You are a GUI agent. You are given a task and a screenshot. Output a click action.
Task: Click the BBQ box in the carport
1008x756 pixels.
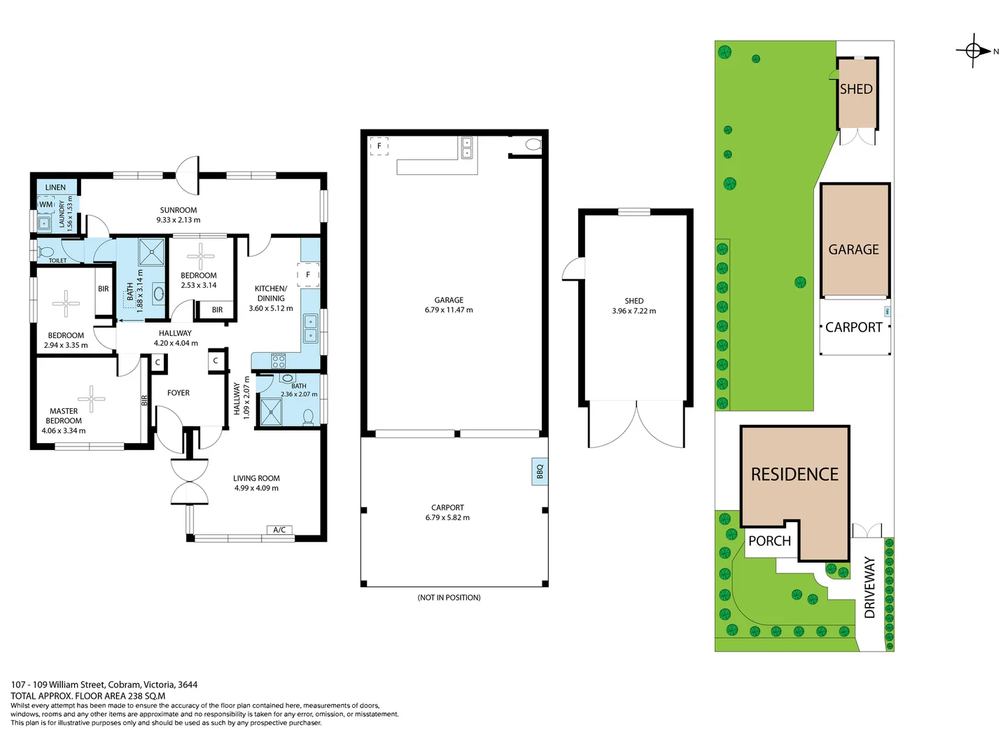point(539,471)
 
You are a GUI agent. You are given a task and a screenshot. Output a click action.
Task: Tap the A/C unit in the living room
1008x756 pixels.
point(279,530)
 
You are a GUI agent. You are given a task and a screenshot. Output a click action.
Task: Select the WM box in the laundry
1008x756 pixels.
point(45,204)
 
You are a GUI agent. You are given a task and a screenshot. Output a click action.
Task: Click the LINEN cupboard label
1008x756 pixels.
point(55,188)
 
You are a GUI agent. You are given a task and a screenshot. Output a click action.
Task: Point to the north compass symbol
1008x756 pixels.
point(974,50)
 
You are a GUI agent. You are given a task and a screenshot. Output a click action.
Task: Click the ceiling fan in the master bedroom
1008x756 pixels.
point(91,398)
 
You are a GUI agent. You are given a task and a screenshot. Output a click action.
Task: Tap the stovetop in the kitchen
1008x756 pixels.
point(279,361)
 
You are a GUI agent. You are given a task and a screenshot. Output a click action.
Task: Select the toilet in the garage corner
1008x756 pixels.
point(533,145)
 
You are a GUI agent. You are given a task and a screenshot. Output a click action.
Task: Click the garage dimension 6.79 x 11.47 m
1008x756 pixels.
point(449,309)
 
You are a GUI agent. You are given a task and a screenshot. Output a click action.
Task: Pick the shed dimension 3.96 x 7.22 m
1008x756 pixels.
point(633,311)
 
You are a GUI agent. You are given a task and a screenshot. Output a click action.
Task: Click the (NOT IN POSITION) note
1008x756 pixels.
point(449,597)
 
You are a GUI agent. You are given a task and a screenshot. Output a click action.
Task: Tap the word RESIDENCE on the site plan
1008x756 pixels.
point(794,475)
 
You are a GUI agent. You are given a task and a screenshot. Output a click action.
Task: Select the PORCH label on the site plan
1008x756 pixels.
point(769,541)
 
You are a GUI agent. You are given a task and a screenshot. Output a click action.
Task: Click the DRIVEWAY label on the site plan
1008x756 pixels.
point(870,587)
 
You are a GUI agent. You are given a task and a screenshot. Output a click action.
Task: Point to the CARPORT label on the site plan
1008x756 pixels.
point(853,328)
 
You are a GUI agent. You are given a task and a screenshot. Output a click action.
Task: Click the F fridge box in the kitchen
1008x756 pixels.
point(308,274)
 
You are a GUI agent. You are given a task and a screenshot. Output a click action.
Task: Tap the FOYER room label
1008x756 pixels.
point(178,393)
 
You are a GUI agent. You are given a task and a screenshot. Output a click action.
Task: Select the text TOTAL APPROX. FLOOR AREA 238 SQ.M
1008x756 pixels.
point(88,696)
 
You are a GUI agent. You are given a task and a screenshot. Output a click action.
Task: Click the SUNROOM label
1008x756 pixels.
point(178,210)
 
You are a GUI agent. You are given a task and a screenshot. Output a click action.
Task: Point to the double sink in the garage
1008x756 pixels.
point(467,147)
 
